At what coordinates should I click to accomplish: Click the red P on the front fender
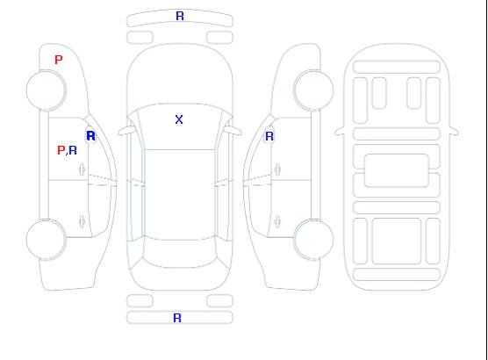coord(59,60)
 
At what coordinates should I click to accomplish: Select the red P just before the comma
coord(61,150)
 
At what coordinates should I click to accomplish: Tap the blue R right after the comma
coord(73,150)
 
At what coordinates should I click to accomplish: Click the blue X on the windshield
coord(179,119)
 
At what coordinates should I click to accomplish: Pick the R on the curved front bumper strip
coord(180,16)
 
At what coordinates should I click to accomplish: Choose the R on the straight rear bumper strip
coord(177,318)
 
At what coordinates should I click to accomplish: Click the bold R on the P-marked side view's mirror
coord(91,136)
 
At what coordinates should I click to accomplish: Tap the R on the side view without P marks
coord(269,136)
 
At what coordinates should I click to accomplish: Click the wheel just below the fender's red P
coord(46,90)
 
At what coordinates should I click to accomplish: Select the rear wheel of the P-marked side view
coord(46,240)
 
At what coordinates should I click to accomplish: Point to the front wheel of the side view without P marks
coord(313,90)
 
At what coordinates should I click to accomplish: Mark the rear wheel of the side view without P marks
coord(313,240)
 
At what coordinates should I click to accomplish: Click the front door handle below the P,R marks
coord(83,169)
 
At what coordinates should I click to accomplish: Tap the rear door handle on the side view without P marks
coord(277,221)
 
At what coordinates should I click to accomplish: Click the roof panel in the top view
coord(180,195)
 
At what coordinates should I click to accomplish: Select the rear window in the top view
coord(180,253)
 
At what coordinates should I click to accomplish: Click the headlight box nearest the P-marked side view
coord(140,38)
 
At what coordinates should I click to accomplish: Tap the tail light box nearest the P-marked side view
coord(140,301)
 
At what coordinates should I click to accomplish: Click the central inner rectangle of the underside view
coord(396,170)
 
